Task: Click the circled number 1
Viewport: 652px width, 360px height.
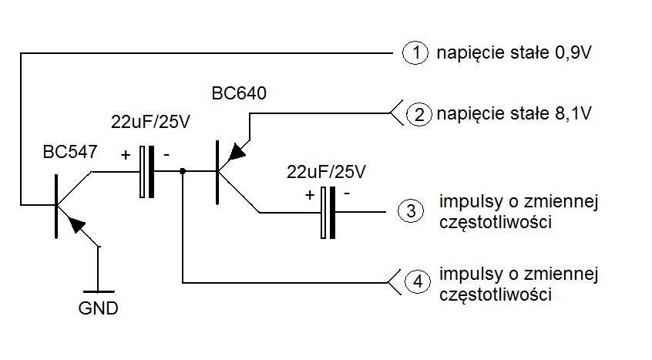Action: (x=415, y=53)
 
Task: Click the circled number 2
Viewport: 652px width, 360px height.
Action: (x=418, y=116)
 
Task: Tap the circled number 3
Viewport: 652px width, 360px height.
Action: (x=410, y=210)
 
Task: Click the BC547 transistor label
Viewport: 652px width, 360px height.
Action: (x=70, y=152)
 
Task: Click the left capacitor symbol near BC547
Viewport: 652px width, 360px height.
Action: (x=146, y=172)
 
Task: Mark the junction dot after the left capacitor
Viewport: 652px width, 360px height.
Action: (x=183, y=172)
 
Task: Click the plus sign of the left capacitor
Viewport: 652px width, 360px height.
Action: (x=126, y=154)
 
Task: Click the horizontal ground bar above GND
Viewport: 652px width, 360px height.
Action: (x=98, y=291)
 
